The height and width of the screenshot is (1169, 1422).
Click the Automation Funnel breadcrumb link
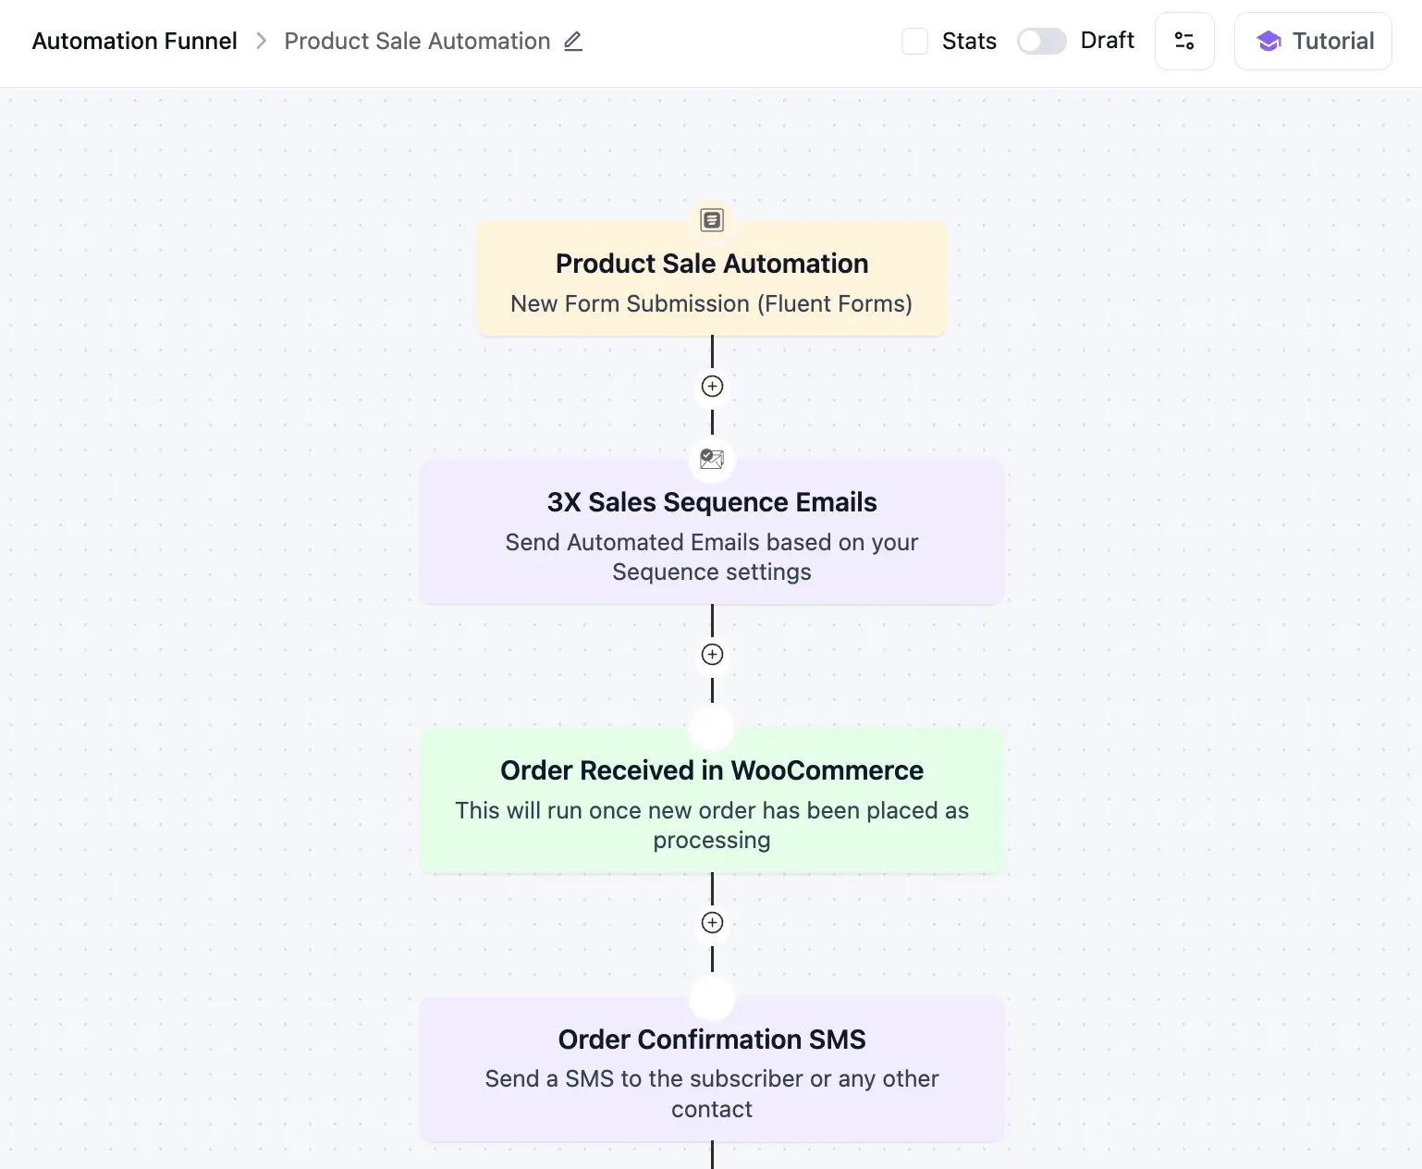(x=134, y=41)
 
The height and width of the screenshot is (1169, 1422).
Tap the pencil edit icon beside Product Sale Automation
(x=573, y=41)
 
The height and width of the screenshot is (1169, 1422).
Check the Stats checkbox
(x=914, y=41)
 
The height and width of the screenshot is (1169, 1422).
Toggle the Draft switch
(x=1041, y=41)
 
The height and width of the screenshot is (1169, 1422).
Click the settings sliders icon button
(x=1183, y=41)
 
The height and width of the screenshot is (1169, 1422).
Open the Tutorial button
(x=1312, y=41)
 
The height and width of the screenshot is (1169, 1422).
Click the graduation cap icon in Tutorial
(x=1269, y=41)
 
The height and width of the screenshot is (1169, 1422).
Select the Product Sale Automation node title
(x=711, y=264)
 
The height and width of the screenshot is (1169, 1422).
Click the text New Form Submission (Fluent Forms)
(x=711, y=303)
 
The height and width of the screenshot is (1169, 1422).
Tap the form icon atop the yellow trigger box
(x=711, y=220)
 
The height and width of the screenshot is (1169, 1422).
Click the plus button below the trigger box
(x=712, y=387)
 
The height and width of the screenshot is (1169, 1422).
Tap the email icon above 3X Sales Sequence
(x=711, y=459)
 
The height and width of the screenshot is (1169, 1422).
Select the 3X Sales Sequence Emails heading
(x=711, y=502)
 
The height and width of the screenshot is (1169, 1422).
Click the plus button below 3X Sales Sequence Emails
(x=712, y=655)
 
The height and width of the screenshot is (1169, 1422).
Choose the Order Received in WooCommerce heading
(x=711, y=770)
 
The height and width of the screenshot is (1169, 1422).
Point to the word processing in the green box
(x=711, y=841)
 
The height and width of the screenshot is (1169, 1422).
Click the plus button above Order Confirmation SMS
(x=712, y=923)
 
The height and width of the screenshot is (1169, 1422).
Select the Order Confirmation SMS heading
(x=711, y=1040)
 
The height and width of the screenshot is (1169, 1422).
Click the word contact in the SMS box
(x=711, y=1109)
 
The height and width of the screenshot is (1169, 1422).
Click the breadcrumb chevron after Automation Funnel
(x=261, y=41)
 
